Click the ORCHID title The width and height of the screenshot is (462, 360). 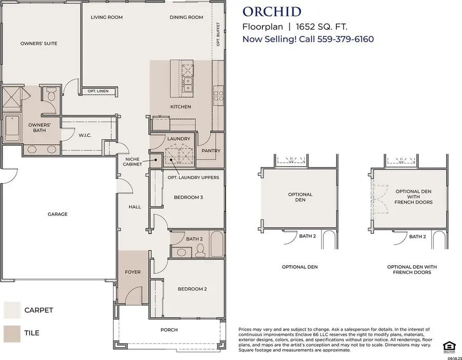[x=272, y=11]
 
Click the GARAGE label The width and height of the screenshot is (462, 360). [x=57, y=214]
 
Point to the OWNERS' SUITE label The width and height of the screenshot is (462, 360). [x=38, y=44]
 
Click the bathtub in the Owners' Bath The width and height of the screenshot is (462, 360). [x=11, y=128]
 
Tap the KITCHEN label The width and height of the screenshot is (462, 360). [x=180, y=107]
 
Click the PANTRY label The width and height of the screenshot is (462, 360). [x=211, y=151]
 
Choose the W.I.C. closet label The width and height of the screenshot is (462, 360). [x=85, y=136]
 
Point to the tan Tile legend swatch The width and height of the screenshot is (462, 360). [x=11, y=333]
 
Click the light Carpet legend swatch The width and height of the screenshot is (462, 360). [x=11, y=310]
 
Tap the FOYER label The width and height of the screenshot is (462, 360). [x=132, y=272]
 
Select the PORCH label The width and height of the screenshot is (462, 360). [x=169, y=330]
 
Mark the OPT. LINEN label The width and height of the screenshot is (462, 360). [x=99, y=91]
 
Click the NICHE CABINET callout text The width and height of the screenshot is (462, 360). [x=133, y=162]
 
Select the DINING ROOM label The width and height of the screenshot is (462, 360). [x=186, y=17]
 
